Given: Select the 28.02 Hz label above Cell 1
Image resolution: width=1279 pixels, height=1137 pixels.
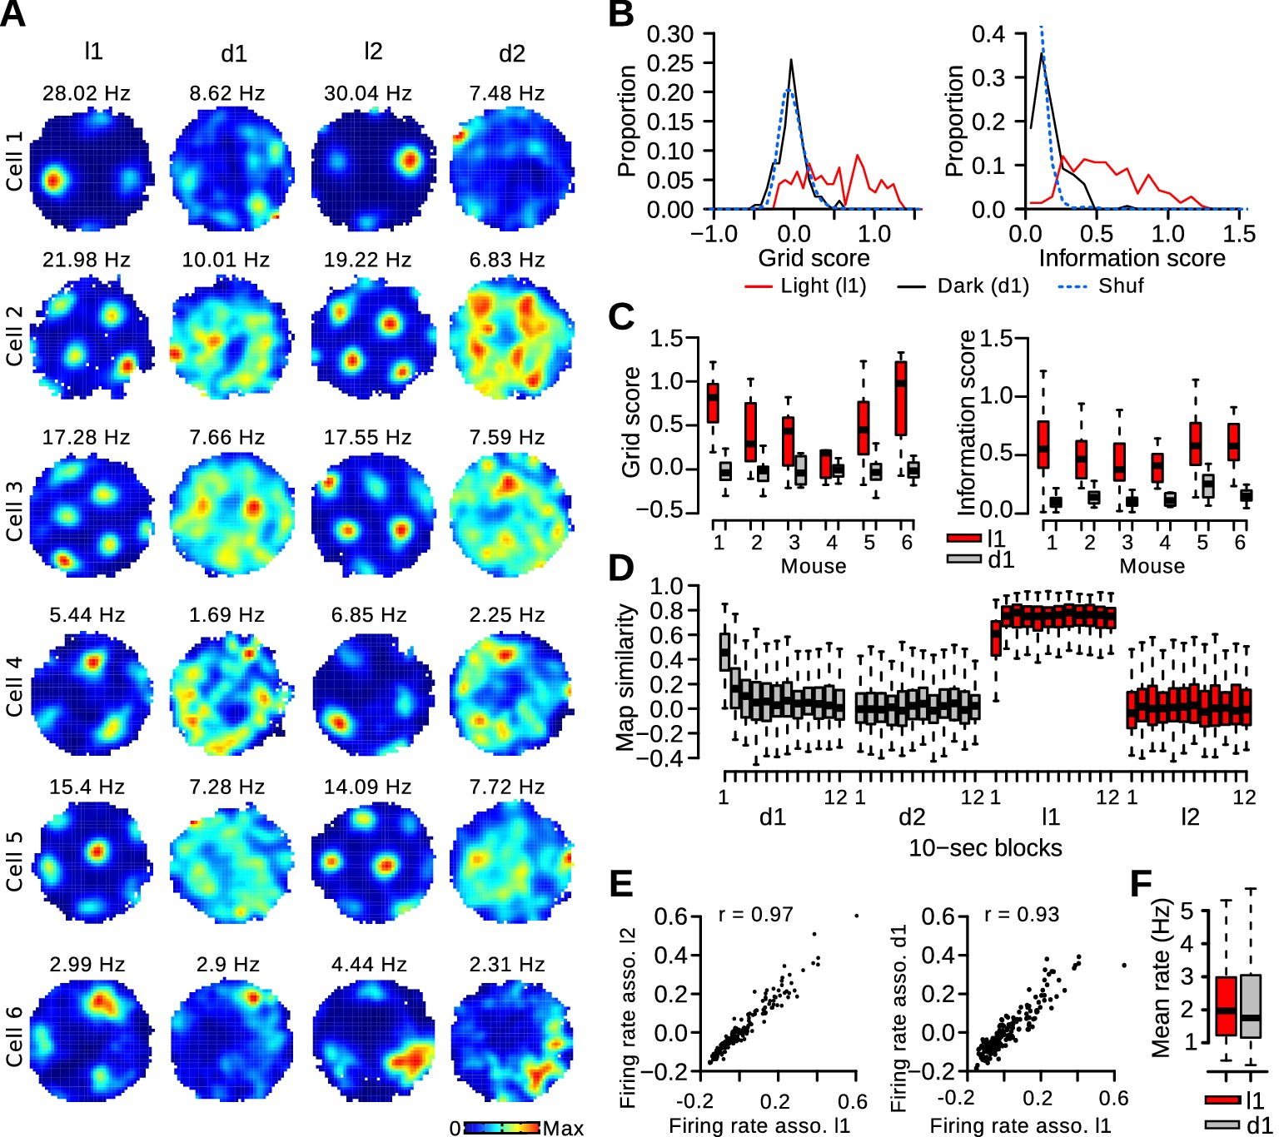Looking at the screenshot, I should pyautogui.click(x=87, y=93).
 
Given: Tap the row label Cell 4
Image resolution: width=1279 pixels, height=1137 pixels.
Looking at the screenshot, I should pyautogui.click(x=14, y=687).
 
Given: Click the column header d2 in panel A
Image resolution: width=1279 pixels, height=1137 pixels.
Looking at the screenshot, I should pyautogui.click(x=512, y=54).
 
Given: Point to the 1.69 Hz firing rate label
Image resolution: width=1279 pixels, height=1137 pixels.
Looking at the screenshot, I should pyautogui.click(x=226, y=615).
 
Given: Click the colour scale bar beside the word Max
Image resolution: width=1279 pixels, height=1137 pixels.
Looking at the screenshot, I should pyautogui.click(x=502, y=1128).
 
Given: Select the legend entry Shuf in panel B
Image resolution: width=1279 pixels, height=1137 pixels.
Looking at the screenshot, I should pyautogui.click(x=1121, y=286).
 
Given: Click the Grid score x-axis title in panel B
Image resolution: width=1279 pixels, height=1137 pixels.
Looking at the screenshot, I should pyautogui.click(x=814, y=258).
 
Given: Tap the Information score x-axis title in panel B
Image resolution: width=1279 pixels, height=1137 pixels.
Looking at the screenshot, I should pyautogui.click(x=1132, y=258).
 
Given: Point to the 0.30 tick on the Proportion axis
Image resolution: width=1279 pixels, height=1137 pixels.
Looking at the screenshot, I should pyautogui.click(x=670, y=34).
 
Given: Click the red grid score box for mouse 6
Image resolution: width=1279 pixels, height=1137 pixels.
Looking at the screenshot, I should pyautogui.click(x=901, y=398).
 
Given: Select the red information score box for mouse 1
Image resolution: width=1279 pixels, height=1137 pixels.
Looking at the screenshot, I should pyautogui.click(x=1043, y=445).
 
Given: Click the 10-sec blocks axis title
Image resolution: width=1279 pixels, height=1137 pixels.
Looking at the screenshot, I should pyautogui.click(x=985, y=848).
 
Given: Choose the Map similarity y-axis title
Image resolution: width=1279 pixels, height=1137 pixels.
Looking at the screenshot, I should pyautogui.click(x=625, y=677).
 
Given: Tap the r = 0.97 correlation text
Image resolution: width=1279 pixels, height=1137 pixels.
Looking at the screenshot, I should pyautogui.click(x=755, y=915).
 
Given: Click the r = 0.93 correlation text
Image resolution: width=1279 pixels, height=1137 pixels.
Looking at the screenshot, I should pyautogui.click(x=1021, y=915).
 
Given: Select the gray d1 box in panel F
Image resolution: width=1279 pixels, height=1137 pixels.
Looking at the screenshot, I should pyautogui.click(x=1251, y=1005).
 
